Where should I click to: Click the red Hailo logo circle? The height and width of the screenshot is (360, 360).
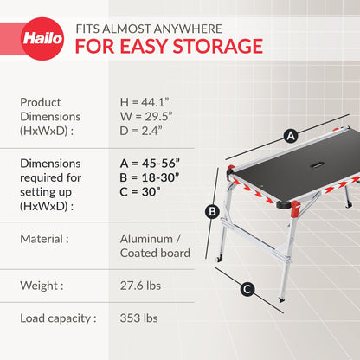pyautogui.click(x=42, y=39)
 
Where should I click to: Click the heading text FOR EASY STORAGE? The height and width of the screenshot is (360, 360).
pyautogui.click(x=168, y=46)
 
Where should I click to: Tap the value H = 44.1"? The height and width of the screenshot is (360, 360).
pyautogui.click(x=143, y=101)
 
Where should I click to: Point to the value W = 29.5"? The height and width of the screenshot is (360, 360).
pyautogui.click(x=144, y=116)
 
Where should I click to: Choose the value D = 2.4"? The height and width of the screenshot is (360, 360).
pyautogui.click(x=141, y=131)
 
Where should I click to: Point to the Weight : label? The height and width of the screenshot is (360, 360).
pyautogui.click(x=42, y=285)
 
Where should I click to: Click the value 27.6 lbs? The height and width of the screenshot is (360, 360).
pyautogui.click(x=141, y=285)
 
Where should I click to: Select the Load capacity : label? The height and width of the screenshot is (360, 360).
pyautogui.click(x=57, y=318)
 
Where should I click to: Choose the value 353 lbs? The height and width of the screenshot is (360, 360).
pyautogui.click(x=138, y=318)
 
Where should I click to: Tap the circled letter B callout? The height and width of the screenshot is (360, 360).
pyautogui.click(x=211, y=210)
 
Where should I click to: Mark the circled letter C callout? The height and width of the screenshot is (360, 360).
pyautogui.click(x=247, y=290)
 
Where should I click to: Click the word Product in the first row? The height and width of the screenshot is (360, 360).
pyautogui.click(x=41, y=101)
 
